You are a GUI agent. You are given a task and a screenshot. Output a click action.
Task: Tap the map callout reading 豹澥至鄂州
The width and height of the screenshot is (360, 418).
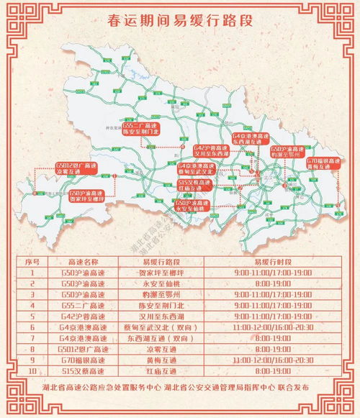[288, 150]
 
